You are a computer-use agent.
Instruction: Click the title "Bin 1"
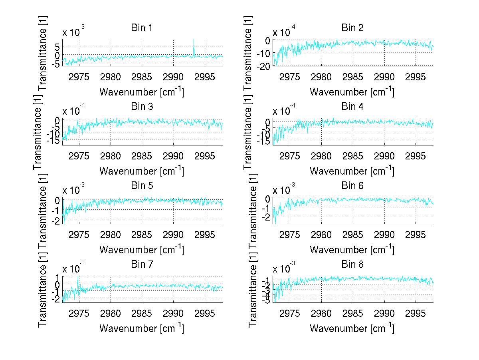(141, 28)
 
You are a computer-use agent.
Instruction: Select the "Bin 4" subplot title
(352, 107)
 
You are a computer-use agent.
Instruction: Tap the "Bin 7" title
(141, 265)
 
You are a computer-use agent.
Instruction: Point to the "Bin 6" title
(352, 186)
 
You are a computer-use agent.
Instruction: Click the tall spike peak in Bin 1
(194, 40)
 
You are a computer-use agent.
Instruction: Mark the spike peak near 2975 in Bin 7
(78, 277)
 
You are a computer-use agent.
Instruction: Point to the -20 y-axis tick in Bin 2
(265, 66)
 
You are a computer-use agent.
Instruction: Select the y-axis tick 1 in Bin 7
(57, 277)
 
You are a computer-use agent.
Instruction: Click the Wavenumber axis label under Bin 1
(141, 92)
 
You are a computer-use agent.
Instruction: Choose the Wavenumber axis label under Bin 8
(352, 328)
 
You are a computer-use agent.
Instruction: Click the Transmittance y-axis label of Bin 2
(248, 52)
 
